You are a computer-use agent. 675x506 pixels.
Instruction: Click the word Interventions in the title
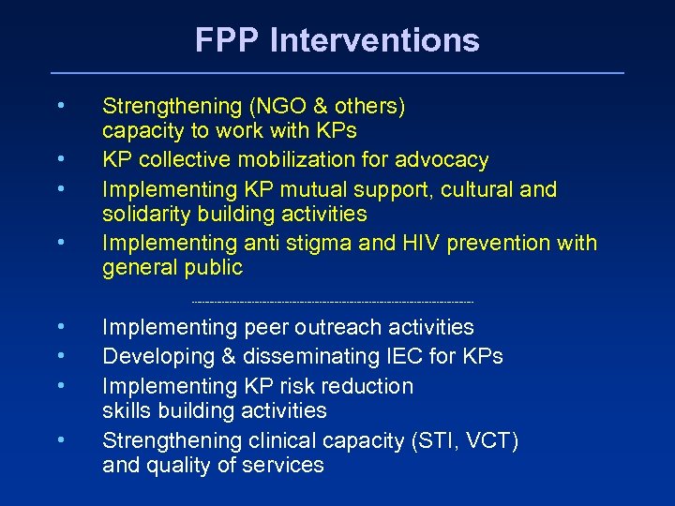tap(374, 40)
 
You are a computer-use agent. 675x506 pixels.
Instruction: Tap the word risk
tap(305, 386)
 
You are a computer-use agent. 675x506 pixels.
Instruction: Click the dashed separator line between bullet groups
tap(333, 302)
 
